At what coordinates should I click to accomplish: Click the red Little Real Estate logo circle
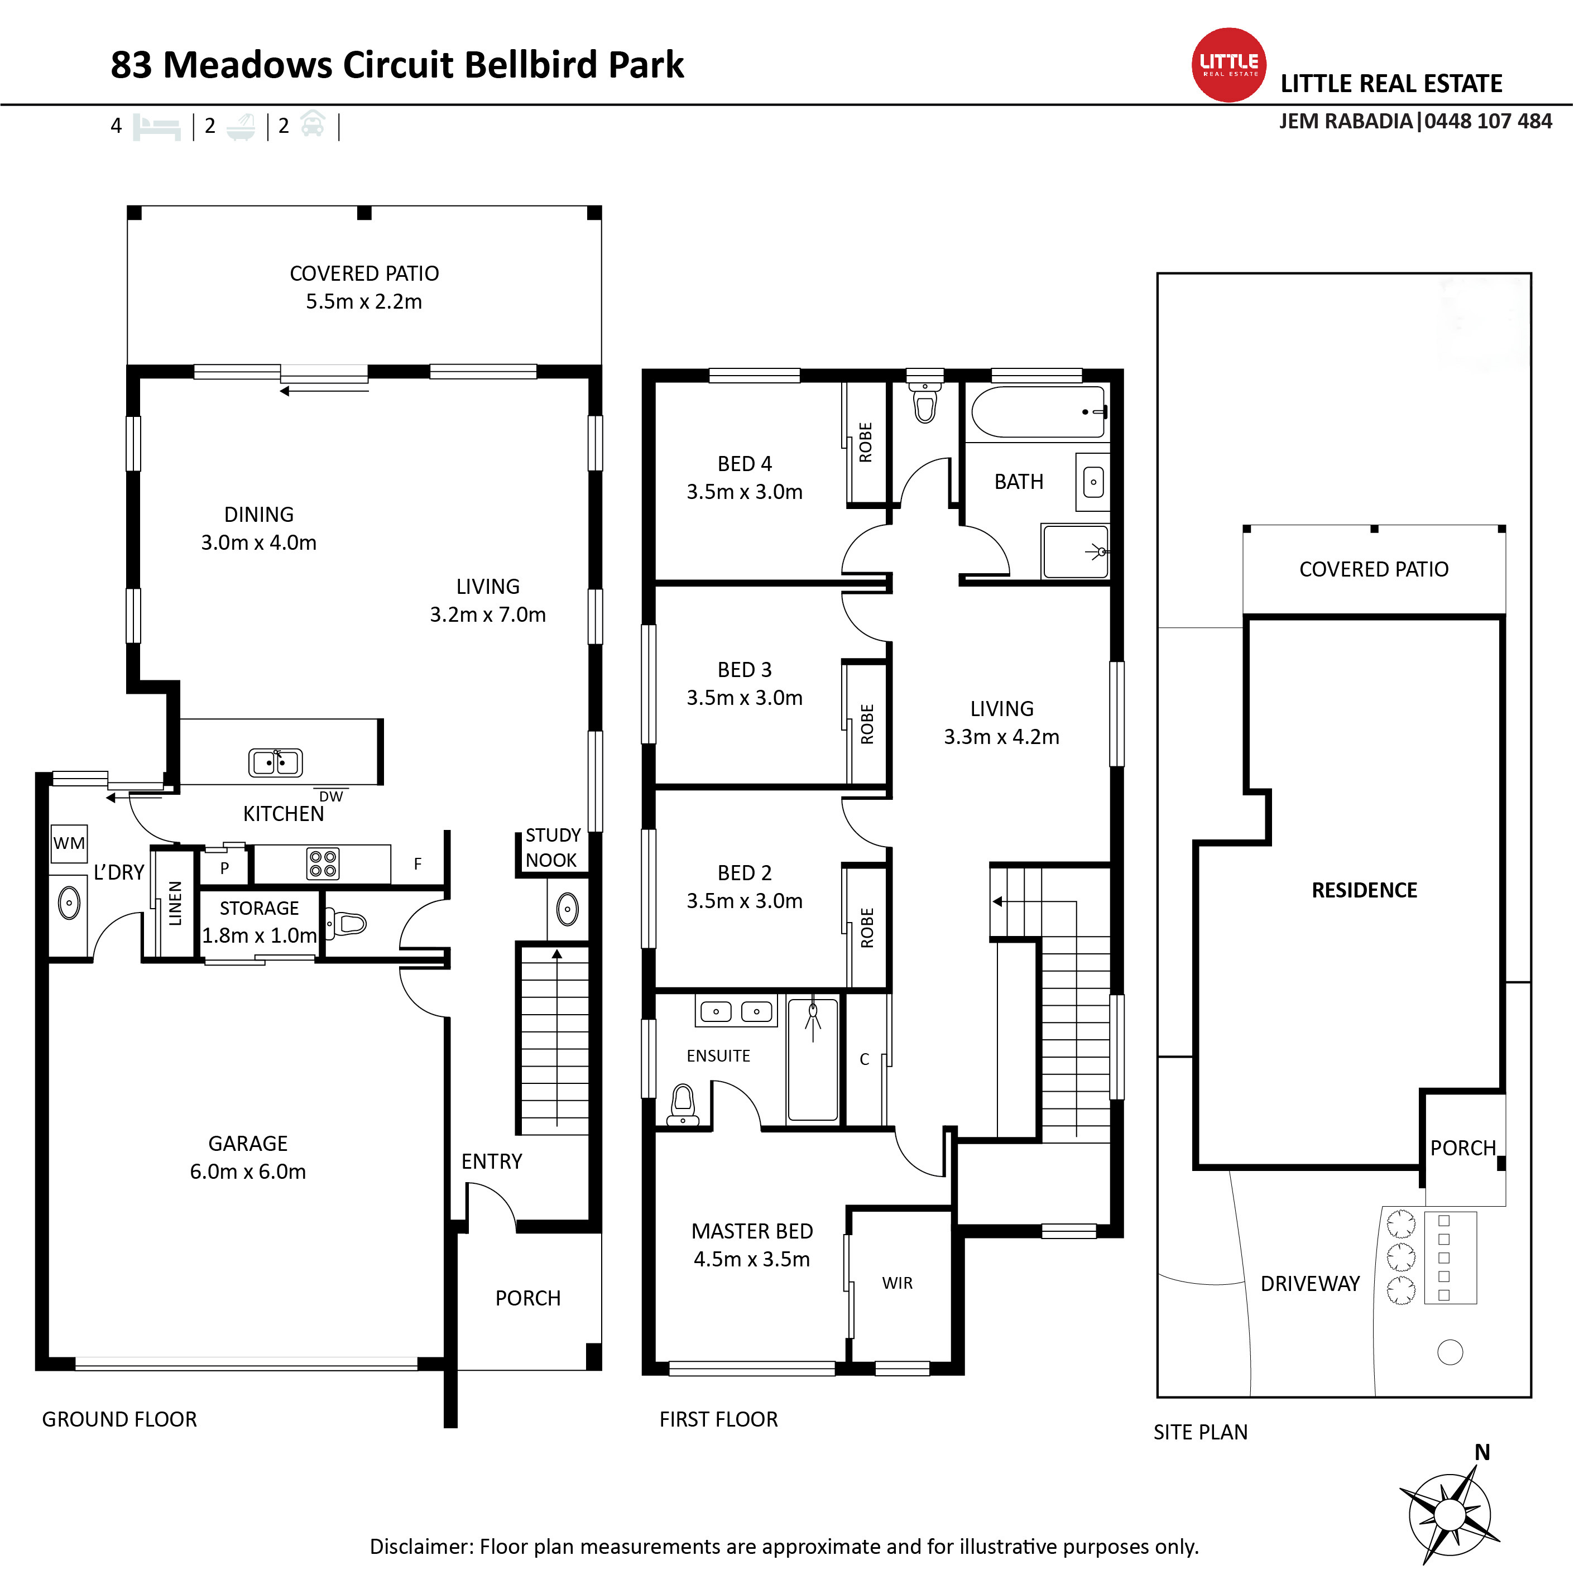1229,65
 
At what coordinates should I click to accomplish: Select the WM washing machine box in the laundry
69,844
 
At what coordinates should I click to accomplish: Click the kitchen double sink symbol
276,762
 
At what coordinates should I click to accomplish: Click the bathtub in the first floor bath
1039,411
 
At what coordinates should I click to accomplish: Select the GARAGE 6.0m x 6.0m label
248,1157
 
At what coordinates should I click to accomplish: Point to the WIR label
897,1283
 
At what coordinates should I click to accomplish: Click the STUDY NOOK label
553,848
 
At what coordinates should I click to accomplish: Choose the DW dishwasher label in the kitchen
331,796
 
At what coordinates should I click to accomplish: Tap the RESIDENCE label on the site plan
1364,890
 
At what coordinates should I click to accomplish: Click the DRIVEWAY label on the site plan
1310,1284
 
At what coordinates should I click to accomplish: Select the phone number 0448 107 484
1488,121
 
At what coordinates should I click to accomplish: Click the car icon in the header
313,124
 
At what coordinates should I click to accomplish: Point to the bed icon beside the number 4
157,127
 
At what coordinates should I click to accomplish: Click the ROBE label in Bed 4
866,443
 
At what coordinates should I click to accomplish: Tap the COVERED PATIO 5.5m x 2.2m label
364,287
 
